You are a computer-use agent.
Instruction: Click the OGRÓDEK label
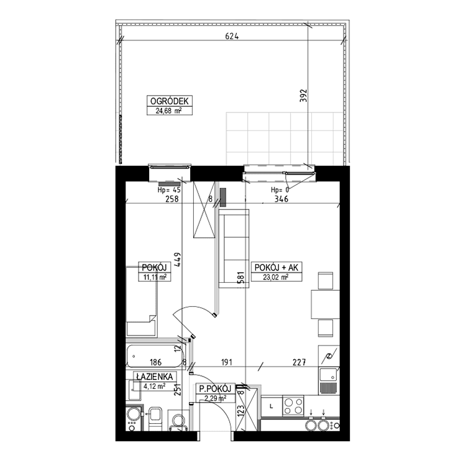tap(170, 101)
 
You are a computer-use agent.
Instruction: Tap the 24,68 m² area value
tap(169, 111)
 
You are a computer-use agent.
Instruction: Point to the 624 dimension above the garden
tap(232, 36)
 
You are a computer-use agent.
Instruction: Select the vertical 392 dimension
tap(303, 96)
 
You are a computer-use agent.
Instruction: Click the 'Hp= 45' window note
tap(169, 190)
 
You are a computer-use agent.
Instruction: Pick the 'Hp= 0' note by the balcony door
tap(280, 190)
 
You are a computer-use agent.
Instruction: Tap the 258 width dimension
tap(171, 199)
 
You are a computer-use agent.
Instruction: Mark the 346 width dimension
tap(281, 199)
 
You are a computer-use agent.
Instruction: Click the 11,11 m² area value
tap(155, 277)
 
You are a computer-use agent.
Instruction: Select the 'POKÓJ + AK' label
tap(276, 267)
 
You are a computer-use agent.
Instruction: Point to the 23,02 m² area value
tap(276, 277)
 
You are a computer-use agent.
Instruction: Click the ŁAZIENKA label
tap(155, 377)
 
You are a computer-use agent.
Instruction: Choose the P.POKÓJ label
tap(215, 388)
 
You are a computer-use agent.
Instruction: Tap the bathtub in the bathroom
tap(155, 356)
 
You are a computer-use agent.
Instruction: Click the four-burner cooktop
tap(293, 406)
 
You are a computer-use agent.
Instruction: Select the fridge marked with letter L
tap(272, 406)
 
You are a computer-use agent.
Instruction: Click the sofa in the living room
tap(234, 249)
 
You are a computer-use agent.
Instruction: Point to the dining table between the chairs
tap(325, 304)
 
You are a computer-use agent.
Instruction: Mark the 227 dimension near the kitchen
tap(299, 362)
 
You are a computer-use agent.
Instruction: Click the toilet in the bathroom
tap(155, 418)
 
